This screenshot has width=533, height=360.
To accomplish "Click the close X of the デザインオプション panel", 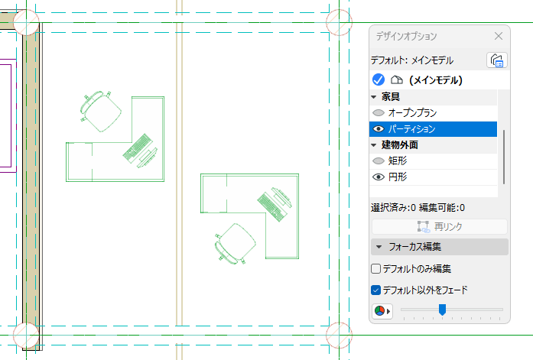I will [499, 36].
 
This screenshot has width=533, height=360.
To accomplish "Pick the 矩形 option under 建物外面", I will [398, 161].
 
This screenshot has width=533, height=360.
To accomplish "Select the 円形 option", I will [398, 177].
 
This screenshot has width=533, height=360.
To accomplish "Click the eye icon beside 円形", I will [378, 177].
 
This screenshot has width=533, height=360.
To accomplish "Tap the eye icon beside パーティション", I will [378, 129].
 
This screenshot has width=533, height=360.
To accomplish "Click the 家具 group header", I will [391, 97].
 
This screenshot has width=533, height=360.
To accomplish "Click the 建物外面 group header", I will [399, 145].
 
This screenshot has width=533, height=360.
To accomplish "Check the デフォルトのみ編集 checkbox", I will [376, 269].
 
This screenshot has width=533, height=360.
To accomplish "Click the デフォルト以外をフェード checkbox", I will [376, 290].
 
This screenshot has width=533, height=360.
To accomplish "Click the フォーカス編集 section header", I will [439, 247].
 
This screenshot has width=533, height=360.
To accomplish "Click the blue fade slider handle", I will [442, 310].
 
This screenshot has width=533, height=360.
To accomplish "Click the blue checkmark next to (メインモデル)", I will [378, 79].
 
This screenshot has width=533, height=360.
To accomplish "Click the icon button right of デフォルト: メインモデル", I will [496, 60].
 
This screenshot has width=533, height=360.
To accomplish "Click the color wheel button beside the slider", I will [380, 311].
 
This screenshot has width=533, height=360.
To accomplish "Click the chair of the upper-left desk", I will [101, 110].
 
